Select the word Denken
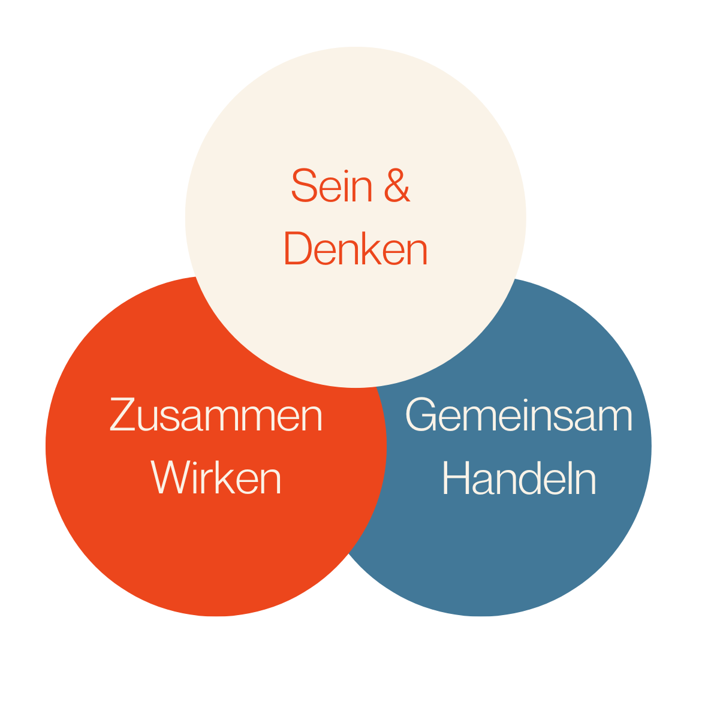(x=355, y=249)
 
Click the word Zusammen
(x=216, y=415)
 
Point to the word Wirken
(x=216, y=478)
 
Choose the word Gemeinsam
(x=519, y=415)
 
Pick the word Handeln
(x=519, y=478)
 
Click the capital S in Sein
(x=303, y=186)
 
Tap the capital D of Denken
(x=297, y=249)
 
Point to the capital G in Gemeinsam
(x=422, y=415)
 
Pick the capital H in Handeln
(x=455, y=478)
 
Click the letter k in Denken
(x=372, y=249)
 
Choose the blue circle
(x=540, y=540)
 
